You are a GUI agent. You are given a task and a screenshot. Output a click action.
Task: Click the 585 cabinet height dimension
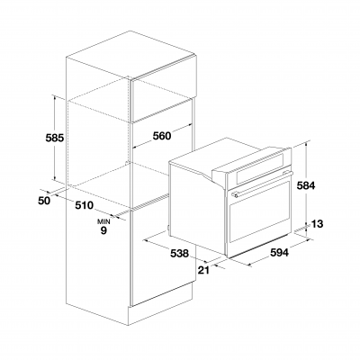point(55,138)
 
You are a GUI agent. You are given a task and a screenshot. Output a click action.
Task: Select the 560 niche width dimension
point(162,136)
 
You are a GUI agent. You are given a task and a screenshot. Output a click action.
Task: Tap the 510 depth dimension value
point(85,205)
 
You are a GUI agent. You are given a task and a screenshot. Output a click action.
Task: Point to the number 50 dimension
point(44,201)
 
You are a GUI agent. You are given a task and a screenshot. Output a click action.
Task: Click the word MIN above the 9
point(103,222)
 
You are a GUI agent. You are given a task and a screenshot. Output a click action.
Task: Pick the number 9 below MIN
point(103,230)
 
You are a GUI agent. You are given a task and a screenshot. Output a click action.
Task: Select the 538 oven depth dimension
point(179,254)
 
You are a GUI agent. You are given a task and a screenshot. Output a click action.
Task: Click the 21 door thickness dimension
point(203,270)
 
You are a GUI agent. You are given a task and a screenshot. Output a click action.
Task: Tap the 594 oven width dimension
point(279,253)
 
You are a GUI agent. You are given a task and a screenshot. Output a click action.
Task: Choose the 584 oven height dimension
point(306,185)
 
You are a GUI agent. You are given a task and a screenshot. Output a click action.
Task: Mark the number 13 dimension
point(317,224)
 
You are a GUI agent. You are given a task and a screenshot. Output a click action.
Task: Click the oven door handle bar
point(262,184)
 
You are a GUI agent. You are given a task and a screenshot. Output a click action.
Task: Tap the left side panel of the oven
point(197,211)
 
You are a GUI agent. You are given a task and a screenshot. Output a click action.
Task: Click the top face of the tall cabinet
point(131,53)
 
